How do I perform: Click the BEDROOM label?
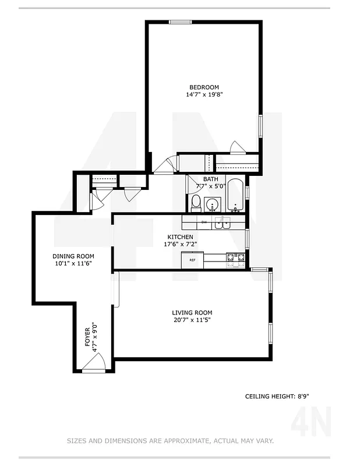204,87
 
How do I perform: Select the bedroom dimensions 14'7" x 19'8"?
204,94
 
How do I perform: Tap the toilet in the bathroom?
196,203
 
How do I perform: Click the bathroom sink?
213,204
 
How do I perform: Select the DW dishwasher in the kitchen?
204,223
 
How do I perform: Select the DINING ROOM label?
73,256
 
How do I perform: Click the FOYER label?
88,338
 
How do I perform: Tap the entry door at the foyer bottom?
93,365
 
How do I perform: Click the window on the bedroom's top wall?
180,22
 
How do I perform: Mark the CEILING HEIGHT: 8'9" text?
277,397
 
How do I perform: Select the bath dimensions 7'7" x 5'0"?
210,186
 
